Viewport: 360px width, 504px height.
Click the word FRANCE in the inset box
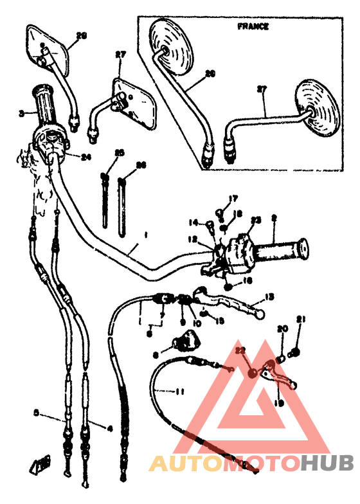pos(253,27)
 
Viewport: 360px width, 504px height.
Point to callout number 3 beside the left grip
pos(21,113)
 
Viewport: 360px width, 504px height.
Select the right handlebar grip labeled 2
pos(282,248)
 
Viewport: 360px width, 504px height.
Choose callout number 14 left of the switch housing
pos(194,222)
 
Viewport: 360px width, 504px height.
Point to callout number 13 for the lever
pos(269,296)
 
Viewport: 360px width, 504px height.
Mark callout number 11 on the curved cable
pos(178,390)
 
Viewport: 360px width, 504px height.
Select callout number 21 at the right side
pos(300,319)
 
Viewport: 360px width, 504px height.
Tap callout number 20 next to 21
pos(281,328)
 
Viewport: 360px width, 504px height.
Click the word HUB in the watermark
pos(327,463)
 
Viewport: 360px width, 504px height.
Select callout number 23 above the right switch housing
pos(256,220)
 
